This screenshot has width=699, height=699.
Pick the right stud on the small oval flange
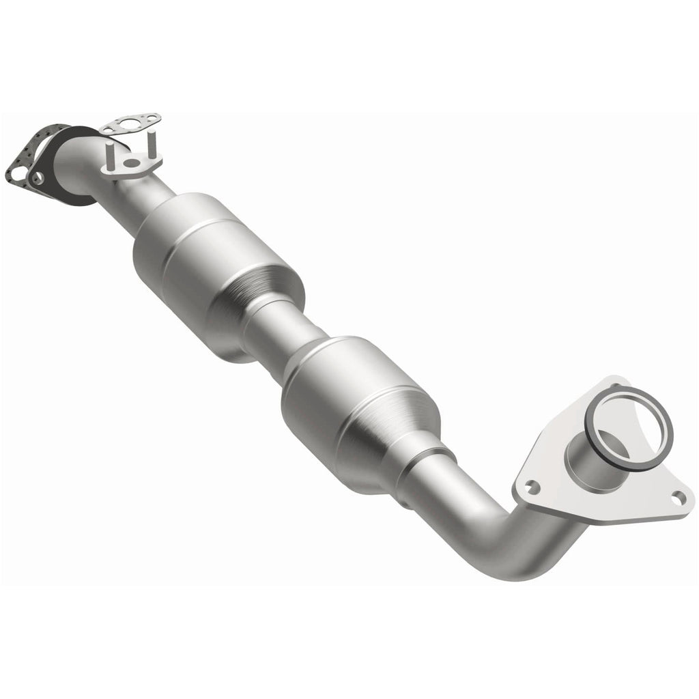(152, 143)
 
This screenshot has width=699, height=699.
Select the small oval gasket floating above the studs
(130, 124)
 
